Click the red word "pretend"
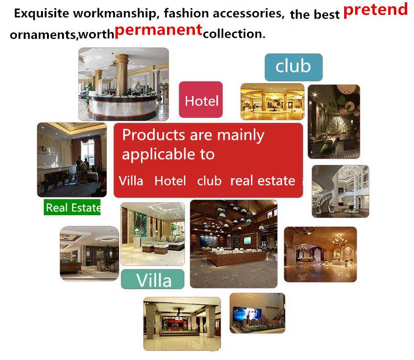[x=375, y=11]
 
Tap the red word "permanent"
[x=158, y=31]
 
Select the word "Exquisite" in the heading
[x=42, y=13]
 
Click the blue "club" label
[x=293, y=67]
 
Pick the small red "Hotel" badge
[x=201, y=100]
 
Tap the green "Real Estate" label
[x=72, y=207]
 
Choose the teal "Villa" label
[x=152, y=279]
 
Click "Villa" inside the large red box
[x=131, y=181]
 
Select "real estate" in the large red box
[x=263, y=181]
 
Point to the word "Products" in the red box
[x=154, y=135]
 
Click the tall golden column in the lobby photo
[x=122, y=75]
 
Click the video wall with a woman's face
[x=247, y=314]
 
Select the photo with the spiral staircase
[x=341, y=191]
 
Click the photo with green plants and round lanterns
[x=334, y=122]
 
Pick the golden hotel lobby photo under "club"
[x=273, y=102]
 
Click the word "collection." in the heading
[x=234, y=34]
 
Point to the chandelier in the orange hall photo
[x=340, y=240]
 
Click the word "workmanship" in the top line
[x=115, y=13]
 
